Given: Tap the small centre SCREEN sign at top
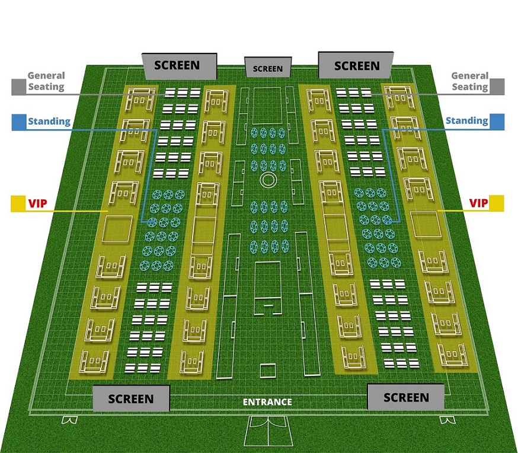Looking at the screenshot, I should point(268,68).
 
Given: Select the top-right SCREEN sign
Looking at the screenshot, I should point(357,65).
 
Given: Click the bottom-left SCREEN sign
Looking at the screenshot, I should point(131,398).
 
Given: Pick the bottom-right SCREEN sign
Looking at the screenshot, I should point(406,397).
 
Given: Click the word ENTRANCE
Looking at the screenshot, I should point(267,402).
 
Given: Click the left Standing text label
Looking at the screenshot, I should point(49,122).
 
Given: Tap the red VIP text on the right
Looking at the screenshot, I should point(478,203).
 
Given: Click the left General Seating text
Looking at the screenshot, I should point(46,81).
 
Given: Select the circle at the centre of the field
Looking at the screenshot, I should point(268,180).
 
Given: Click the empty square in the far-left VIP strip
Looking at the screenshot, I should point(117,228).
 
